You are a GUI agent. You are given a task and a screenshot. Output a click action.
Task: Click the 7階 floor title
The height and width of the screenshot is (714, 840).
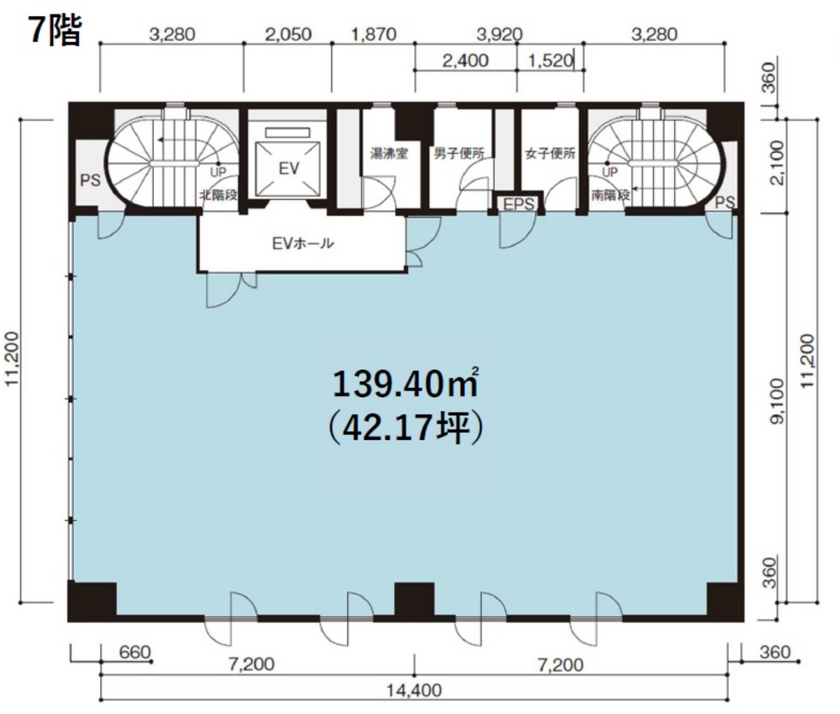tap(55, 31)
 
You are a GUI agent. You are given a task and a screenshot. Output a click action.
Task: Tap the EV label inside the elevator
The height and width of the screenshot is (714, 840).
tap(289, 169)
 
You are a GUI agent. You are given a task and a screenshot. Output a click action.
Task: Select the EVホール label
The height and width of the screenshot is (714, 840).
tap(303, 243)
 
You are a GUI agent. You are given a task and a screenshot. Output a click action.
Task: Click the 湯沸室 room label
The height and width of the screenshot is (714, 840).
tap(389, 153)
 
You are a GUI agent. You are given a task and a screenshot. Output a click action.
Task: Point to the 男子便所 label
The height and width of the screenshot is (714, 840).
tap(458, 153)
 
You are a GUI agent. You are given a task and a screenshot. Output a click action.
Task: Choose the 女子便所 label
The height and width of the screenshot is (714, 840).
tap(550, 153)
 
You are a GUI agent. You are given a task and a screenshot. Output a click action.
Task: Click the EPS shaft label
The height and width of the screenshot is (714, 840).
tap(519, 204)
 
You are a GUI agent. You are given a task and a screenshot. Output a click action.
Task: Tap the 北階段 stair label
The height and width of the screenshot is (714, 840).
tap(218, 195)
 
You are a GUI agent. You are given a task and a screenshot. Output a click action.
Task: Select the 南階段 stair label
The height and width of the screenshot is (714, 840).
tap(610, 195)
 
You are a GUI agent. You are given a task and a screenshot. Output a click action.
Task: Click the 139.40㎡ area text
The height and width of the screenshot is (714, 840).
tap(405, 384)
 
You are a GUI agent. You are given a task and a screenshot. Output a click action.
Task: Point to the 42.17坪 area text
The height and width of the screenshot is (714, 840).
tap(405, 428)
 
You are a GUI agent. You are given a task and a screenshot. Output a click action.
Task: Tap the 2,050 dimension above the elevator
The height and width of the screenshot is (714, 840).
tap(288, 34)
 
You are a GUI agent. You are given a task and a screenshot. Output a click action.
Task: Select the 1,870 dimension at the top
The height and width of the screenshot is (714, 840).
tap(374, 34)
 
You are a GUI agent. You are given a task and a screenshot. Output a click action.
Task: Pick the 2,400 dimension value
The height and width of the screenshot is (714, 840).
tap(465, 61)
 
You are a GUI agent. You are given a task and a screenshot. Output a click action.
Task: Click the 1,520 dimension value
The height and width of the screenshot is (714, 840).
tap(550, 61)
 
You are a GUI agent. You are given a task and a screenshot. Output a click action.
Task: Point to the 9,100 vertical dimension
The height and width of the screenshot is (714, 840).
tap(778, 401)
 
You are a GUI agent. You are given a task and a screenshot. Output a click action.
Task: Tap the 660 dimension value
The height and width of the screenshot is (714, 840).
tap(135, 652)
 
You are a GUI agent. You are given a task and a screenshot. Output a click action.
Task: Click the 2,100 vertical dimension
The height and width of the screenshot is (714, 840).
tap(778, 163)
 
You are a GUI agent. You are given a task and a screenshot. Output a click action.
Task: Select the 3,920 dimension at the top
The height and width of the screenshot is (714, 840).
tap(499, 34)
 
